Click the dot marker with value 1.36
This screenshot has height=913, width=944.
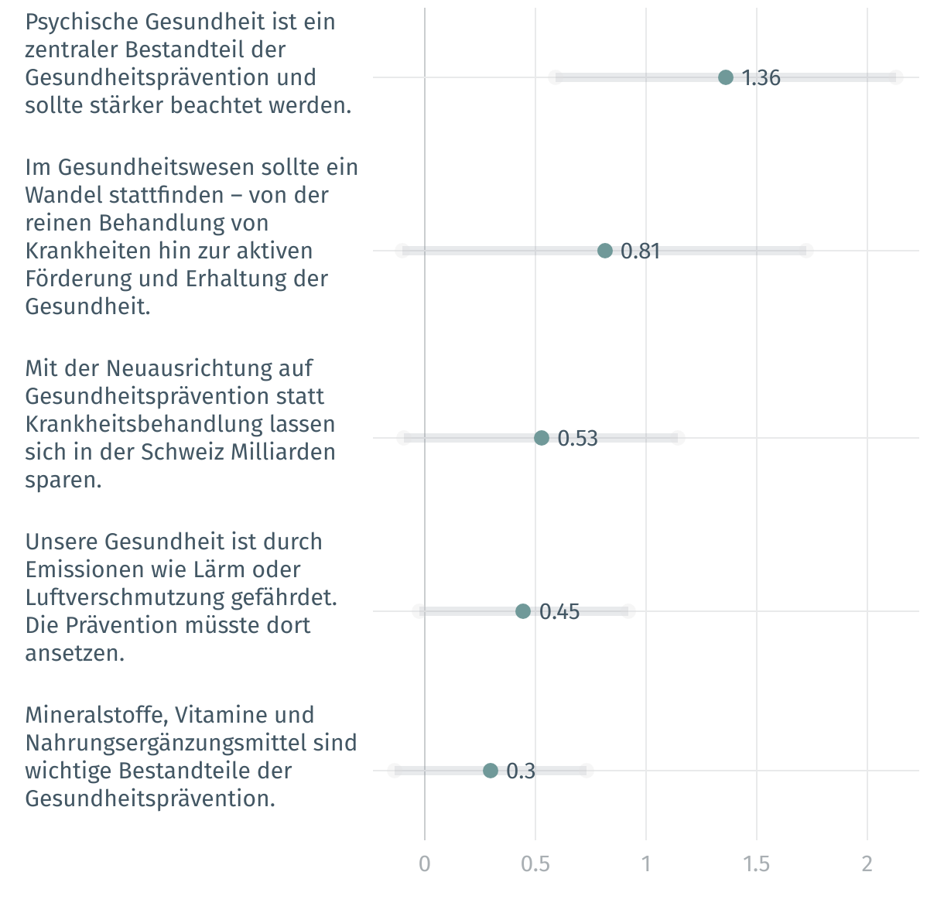coord(725,77)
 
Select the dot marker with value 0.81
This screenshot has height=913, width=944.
coord(605,251)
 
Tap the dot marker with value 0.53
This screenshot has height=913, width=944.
coord(542,438)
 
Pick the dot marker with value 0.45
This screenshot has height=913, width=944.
coord(523,611)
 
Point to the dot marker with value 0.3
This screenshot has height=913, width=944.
coord(491,771)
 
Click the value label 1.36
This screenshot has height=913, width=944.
coord(761,77)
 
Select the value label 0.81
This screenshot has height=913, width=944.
coord(640,251)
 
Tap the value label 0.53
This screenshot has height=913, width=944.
coord(577,438)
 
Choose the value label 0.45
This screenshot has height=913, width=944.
coord(559,611)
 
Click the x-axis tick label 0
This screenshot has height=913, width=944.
coord(424,863)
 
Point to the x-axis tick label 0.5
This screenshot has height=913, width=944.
coord(535,863)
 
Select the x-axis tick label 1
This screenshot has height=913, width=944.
coord(646,863)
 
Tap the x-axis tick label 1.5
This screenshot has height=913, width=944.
coord(757,863)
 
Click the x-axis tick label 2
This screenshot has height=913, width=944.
coord(867,863)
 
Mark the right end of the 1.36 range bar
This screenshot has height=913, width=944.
coord(895,77)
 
